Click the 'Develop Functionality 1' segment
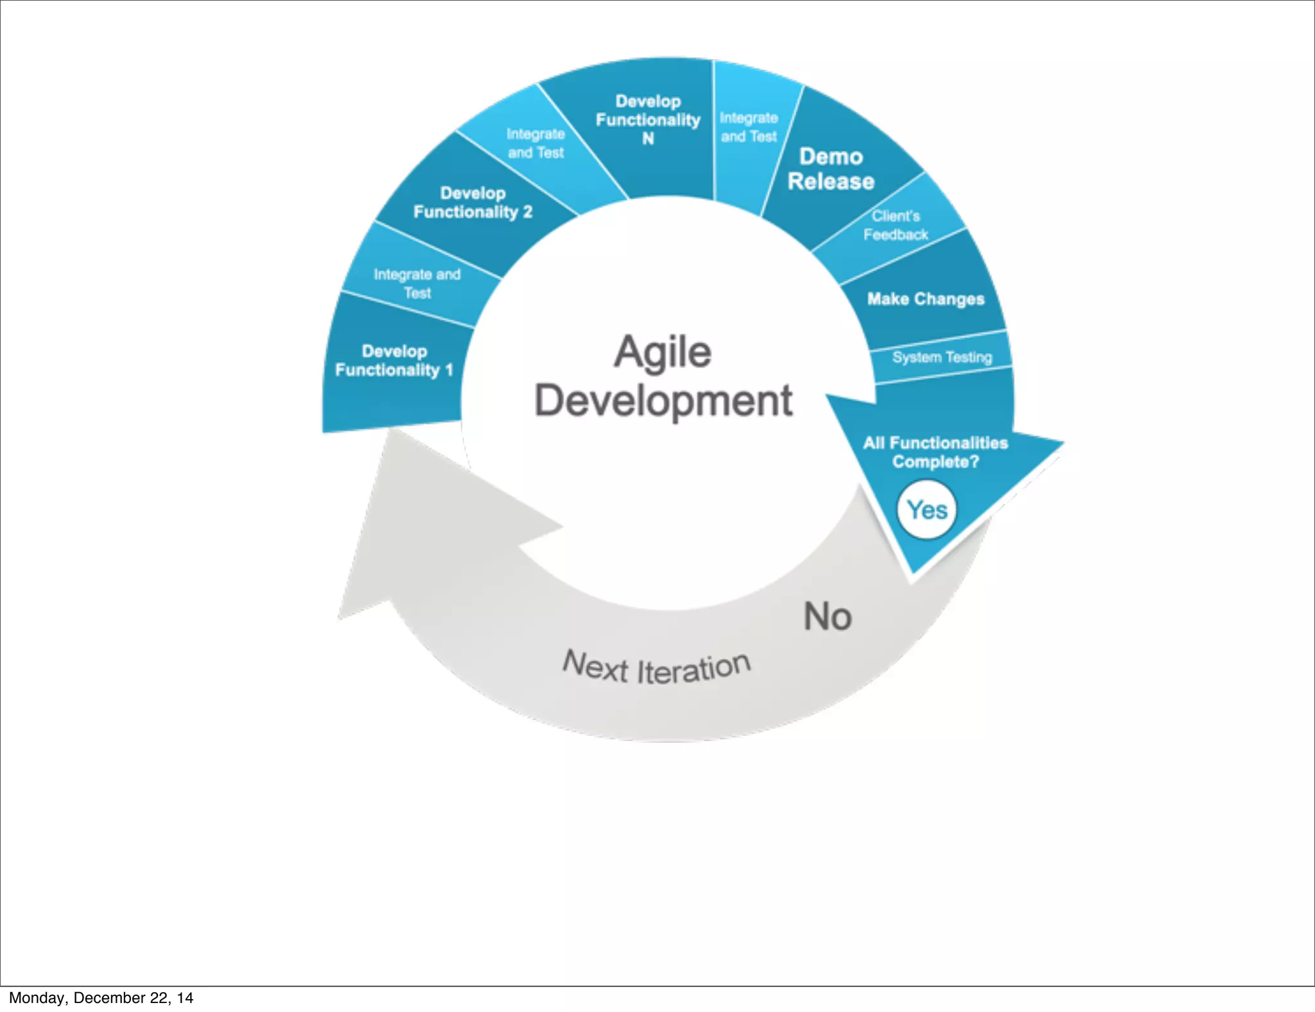394,361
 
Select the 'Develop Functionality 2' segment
473,203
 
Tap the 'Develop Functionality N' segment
648,120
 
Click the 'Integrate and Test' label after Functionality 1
417,284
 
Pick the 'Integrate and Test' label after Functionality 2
536,143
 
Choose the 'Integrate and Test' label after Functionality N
749,127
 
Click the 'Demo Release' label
831,169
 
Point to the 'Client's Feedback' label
896,225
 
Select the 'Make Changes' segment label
925,299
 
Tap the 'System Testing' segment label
942,357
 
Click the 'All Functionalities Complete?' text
936,452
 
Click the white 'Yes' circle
927,510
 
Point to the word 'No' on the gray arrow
828,616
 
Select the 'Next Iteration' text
656,668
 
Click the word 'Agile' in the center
663,353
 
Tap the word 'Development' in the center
664,401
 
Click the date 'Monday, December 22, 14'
101,998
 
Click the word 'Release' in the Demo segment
831,182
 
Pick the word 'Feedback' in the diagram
896,235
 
